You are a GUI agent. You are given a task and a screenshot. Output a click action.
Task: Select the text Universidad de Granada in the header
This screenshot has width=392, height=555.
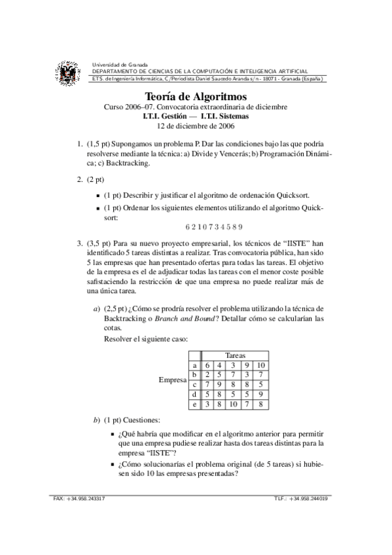click(x=120, y=64)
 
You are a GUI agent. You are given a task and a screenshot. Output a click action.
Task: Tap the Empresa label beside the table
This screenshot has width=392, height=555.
click(x=173, y=380)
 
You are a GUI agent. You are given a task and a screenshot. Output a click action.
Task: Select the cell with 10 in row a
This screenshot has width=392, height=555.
click(x=260, y=365)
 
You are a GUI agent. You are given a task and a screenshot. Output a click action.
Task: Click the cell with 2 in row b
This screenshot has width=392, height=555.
click(x=207, y=374)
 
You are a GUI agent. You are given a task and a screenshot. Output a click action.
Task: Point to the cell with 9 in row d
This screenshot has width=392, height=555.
click(x=260, y=395)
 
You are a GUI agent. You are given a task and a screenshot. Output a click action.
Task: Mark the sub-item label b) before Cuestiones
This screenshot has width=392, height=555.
click(x=97, y=420)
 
